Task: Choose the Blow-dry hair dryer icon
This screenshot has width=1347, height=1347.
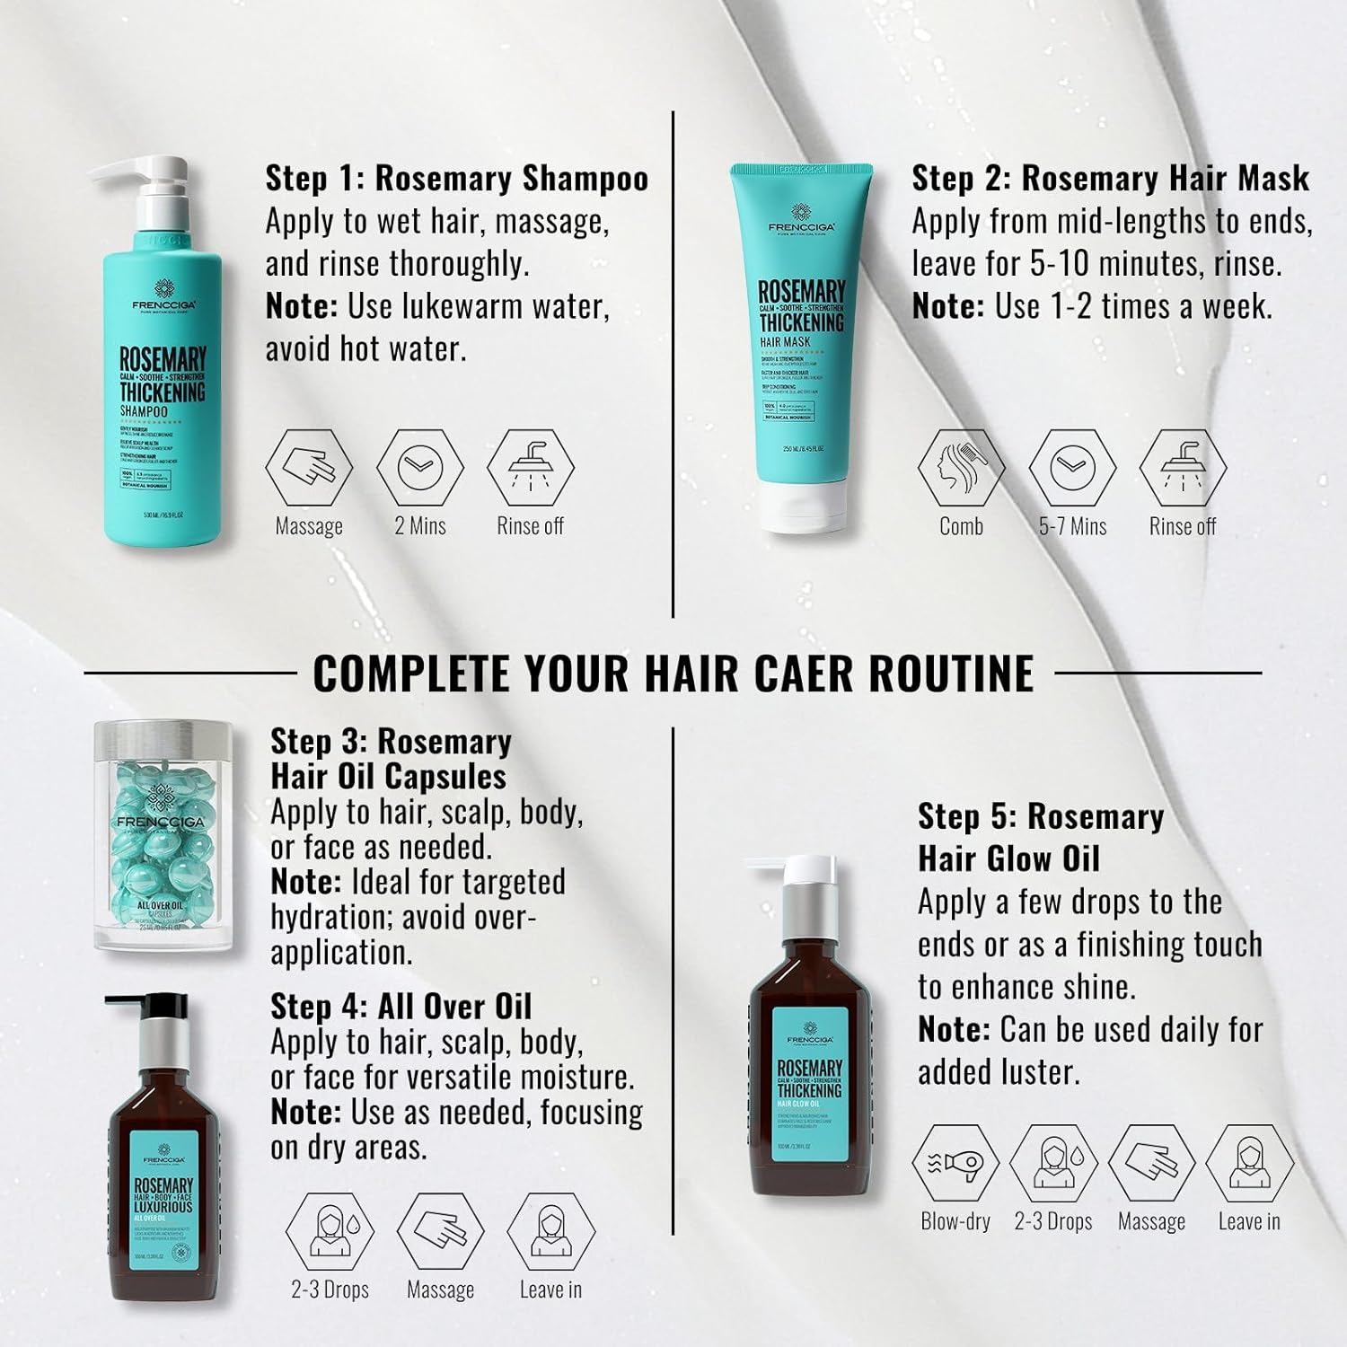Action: point(955,1164)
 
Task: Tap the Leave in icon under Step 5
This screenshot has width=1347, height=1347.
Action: point(1249,1164)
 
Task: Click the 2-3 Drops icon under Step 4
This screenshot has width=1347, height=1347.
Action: point(330,1231)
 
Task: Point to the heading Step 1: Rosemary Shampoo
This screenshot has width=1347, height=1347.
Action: point(456,178)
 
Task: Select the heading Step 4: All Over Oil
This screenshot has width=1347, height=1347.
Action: point(401,1007)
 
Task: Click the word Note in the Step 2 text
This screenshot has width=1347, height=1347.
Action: point(947,307)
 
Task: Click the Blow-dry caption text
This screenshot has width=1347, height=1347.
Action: point(955,1222)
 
